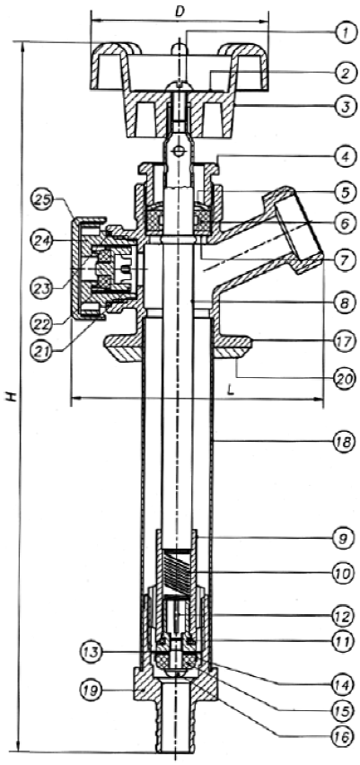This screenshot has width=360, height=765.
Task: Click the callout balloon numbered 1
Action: (344, 33)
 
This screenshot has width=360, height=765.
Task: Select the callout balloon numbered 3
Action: (344, 106)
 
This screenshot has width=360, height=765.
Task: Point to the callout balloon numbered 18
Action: (344, 442)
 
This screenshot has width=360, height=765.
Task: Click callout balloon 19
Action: (92, 690)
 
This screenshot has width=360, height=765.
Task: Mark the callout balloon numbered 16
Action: (344, 737)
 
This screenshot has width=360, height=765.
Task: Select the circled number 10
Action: (344, 573)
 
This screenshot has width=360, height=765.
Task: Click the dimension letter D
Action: (180, 11)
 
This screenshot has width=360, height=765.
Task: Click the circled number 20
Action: (344, 377)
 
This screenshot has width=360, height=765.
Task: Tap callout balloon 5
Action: (344, 192)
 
